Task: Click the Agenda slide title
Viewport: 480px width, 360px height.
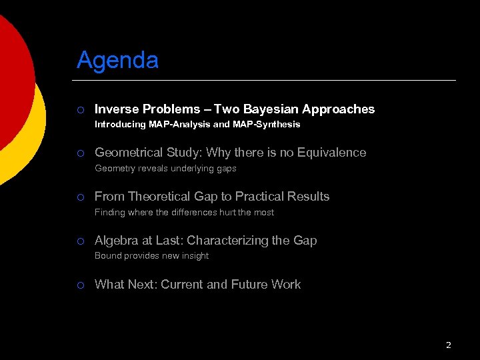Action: click(x=117, y=61)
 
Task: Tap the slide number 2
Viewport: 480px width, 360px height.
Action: click(x=448, y=345)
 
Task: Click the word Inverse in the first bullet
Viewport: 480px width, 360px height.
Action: click(x=115, y=109)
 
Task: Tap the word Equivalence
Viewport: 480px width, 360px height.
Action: click(x=331, y=153)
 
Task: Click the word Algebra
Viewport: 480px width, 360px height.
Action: click(x=115, y=241)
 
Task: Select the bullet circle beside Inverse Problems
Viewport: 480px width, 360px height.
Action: click(x=79, y=109)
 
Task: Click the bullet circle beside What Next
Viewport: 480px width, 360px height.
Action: click(x=79, y=285)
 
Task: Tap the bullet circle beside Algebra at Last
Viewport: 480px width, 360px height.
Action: click(x=79, y=241)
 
